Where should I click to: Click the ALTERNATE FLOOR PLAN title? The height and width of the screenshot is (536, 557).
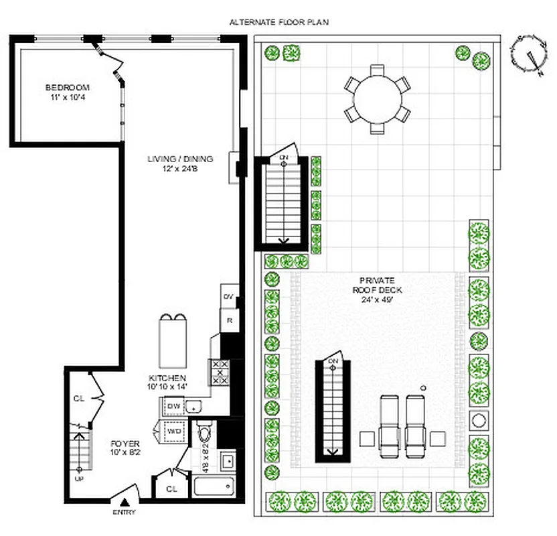278,22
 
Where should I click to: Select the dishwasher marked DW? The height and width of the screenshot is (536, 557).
173,407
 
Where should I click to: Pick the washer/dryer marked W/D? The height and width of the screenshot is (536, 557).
173,432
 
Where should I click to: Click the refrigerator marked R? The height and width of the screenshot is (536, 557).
229,320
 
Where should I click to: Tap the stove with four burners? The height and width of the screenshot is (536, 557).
219,372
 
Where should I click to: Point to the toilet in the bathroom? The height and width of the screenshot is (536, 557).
204,429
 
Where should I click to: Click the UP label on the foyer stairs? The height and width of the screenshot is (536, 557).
78,479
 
